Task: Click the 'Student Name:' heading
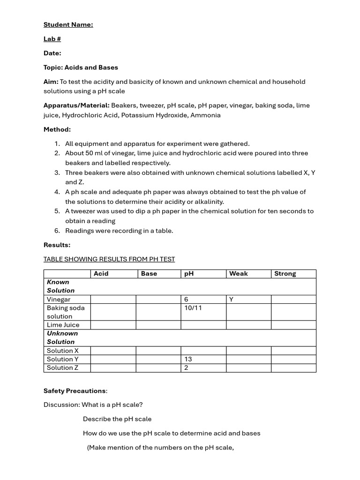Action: [x=68, y=25]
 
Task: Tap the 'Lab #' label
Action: [x=52, y=39]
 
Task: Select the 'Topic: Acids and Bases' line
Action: [x=81, y=67]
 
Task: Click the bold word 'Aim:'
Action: [x=51, y=82]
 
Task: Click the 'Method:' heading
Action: [x=57, y=129]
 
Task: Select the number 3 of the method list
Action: [x=57, y=172]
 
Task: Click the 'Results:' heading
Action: [x=57, y=245]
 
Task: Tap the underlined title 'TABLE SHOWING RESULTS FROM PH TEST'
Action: [x=109, y=259]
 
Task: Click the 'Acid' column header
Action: [x=101, y=274]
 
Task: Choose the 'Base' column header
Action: [x=149, y=274]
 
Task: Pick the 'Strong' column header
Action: [x=285, y=274]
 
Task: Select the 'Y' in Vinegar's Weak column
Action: [x=231, y=300]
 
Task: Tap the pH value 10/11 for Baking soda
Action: [x=193, y=308]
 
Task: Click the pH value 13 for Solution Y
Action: [x=188, y=359]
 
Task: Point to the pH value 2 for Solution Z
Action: [x=186, y=367]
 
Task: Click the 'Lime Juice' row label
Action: [x=63, y=325]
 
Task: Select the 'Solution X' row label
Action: [x=62, y=351]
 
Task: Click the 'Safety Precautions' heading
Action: [x=75, y=391]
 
